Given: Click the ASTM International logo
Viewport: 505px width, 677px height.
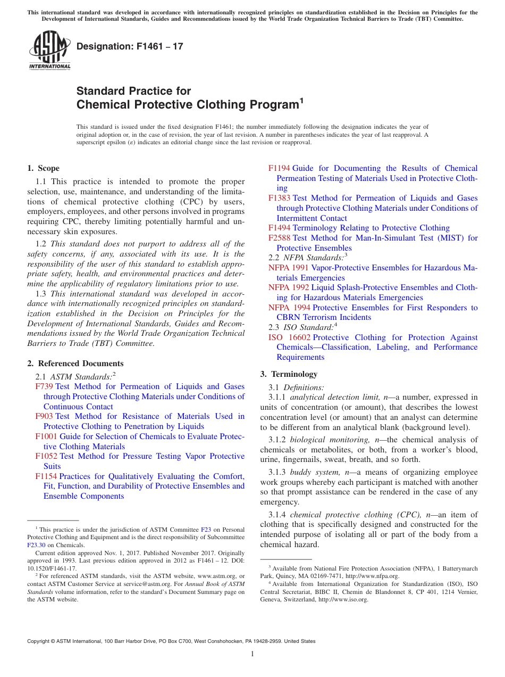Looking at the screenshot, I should pyautogui.click(x=49, y=50).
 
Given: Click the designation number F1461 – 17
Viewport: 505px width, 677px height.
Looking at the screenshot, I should pyautogui.click(x=130, y=46).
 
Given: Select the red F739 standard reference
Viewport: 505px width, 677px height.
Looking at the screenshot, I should pyautogui.click(x=44, y=386).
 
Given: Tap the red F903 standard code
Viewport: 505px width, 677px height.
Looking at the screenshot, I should pyautogui.click(x=44, y=416).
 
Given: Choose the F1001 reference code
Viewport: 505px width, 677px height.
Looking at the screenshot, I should pyautogui.click(x=46, y=436).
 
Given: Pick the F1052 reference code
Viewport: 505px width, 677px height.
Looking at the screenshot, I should pyautogui.click(x=46, y=456).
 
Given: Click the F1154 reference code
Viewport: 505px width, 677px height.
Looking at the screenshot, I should pyautogui.click(x=46, y=476).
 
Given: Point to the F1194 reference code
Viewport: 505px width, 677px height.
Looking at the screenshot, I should pyautogui.click(x=279, y=168).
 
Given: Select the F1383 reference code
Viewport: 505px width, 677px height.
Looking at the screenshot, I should pyautogui.click(x=279, y=198).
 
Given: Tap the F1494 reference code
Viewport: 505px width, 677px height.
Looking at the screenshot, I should pyautogui.click(x=279, y=228).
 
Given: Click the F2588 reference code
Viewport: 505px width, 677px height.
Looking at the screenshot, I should pyautogui.click(x=279, y=238).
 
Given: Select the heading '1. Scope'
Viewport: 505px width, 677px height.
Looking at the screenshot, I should pyautogui.click(x=43, y=168).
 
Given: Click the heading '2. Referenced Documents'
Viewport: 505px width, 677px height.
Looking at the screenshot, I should pyautogui.click(x=75, y=364).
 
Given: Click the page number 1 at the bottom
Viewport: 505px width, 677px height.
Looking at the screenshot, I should pyautogui.click(x=252, y=654).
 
